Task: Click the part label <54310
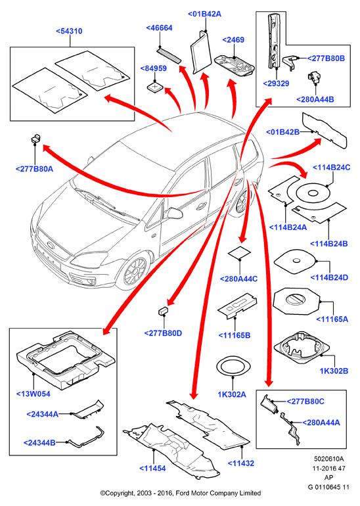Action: [69, 32]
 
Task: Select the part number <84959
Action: [154, 68]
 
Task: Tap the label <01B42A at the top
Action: [204, 14]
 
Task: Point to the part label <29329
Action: [276, 83]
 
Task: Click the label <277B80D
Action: [163, 333]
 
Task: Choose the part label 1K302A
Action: [232, 394]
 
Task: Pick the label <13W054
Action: [34, 394]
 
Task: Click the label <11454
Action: [152, 469]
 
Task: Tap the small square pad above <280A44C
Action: [240, 253]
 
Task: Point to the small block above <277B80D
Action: [163, 310]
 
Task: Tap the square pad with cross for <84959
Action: [155, 87]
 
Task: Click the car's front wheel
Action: [135, 271]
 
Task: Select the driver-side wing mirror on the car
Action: [173, 213]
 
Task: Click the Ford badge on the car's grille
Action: [51, 244]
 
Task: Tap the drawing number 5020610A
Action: [328, 459]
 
